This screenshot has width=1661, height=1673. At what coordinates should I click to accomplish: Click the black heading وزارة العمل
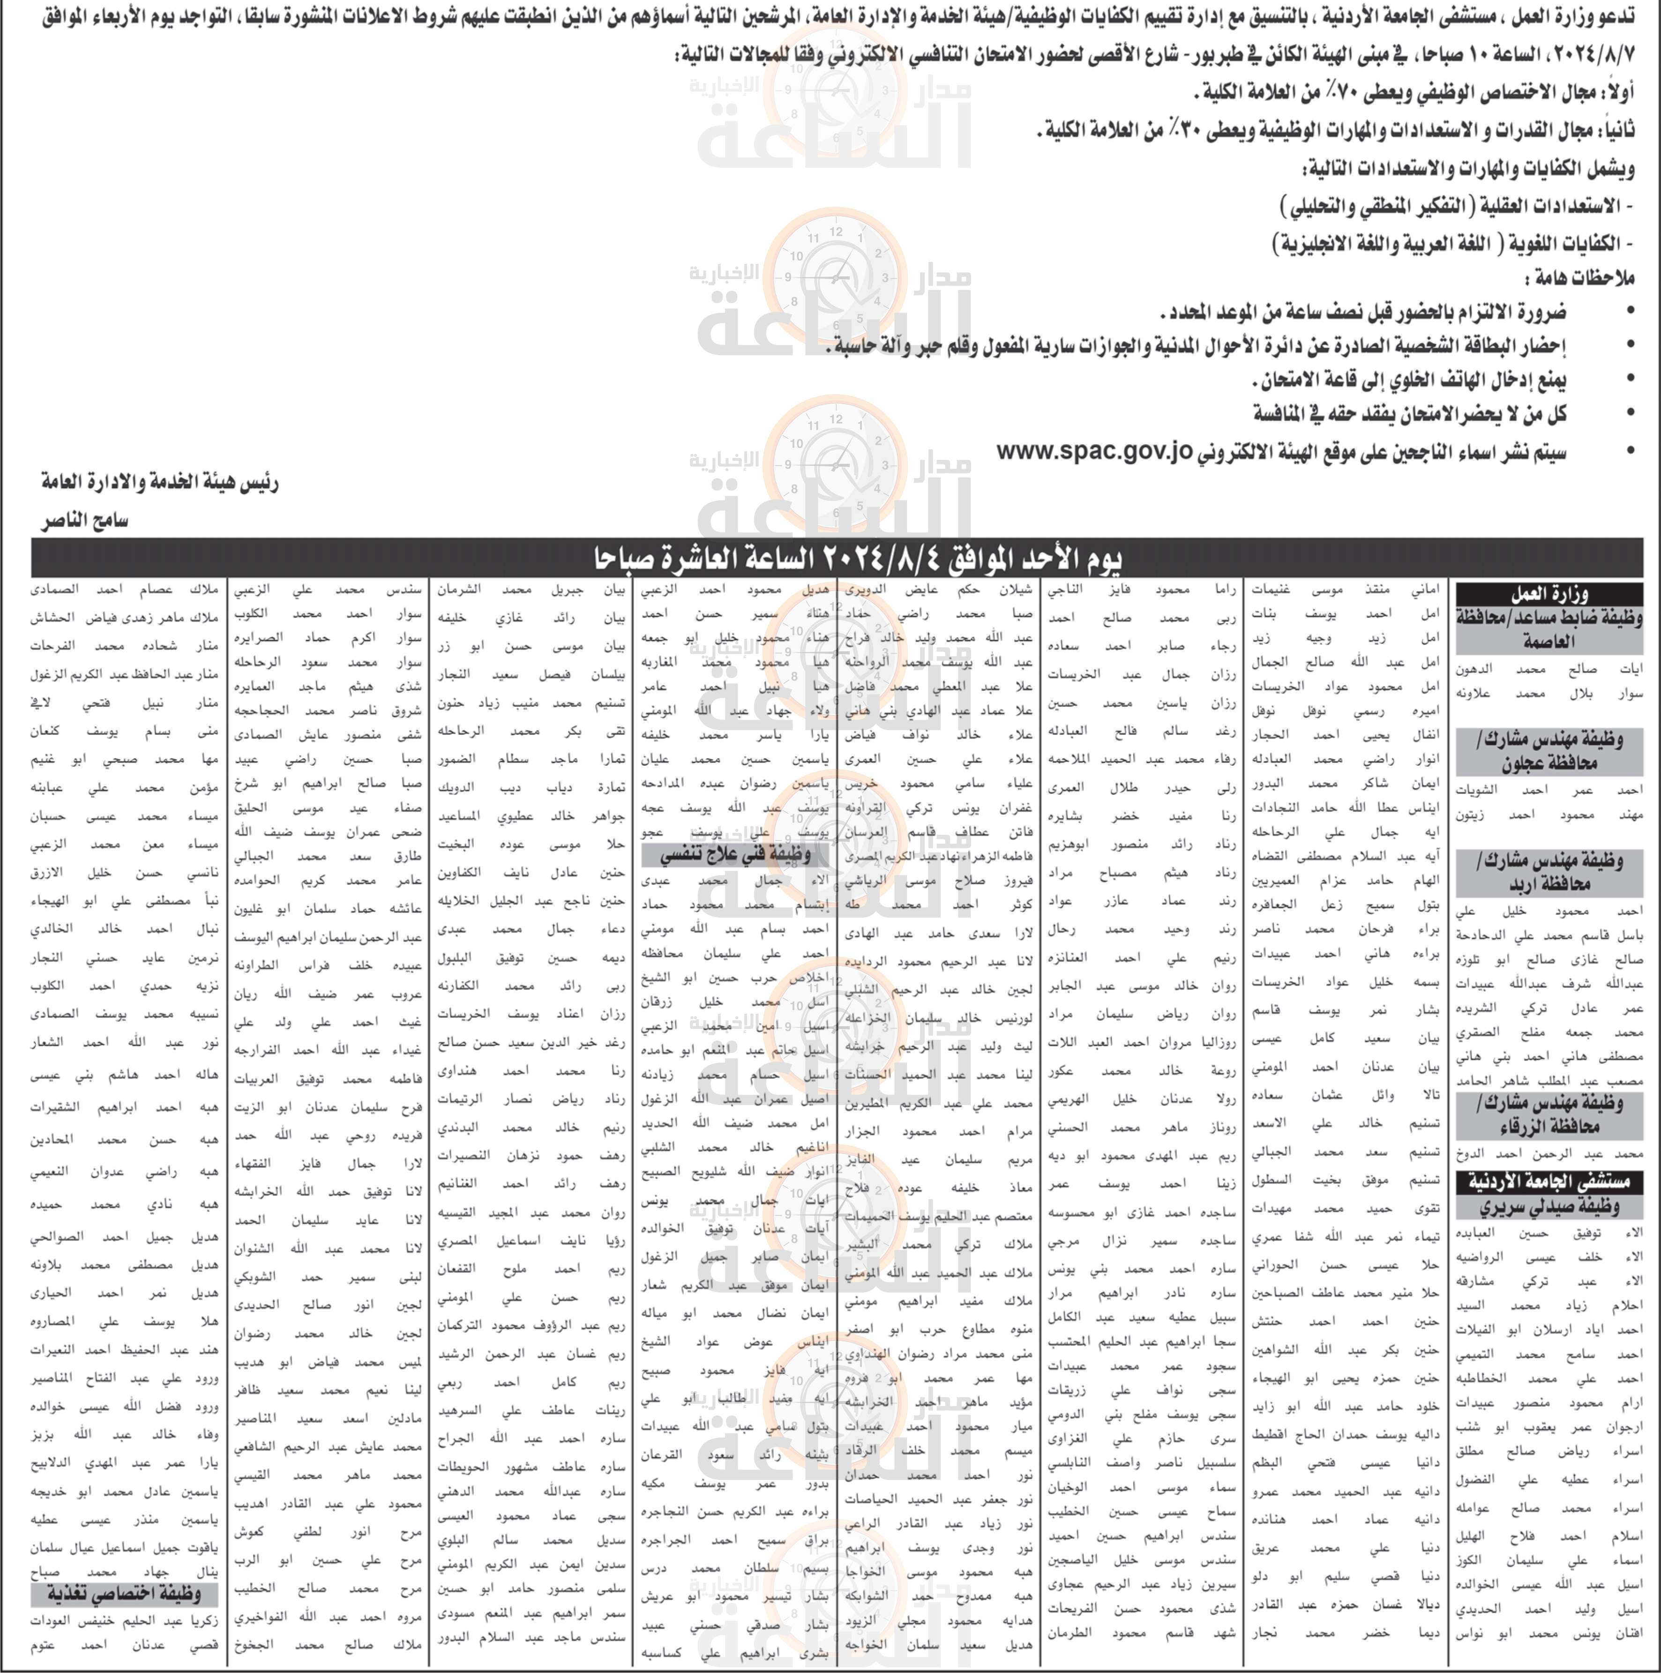(x=1549, y=594)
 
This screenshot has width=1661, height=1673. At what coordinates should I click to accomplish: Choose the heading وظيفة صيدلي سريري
(x=1549, y=1206)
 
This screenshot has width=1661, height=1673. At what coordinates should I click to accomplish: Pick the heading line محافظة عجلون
(x=1549, y=764)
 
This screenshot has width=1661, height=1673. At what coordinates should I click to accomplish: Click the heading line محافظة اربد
(x=1549, y=885)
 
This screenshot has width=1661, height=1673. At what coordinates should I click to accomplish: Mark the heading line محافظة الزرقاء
(x=1549, y=1127)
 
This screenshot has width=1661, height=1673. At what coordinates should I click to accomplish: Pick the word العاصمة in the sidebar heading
(x=1549, y=642)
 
